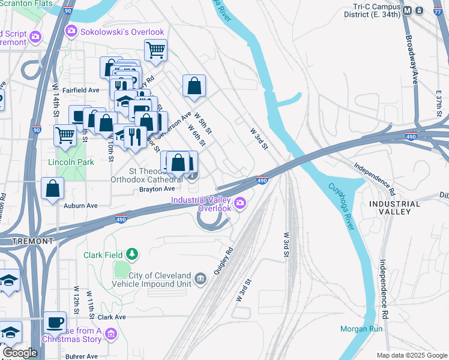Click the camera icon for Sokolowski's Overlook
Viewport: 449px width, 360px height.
coord(71,31)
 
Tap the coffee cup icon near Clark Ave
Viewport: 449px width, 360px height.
coord(55,322)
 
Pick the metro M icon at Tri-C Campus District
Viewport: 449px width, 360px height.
coord(408,11)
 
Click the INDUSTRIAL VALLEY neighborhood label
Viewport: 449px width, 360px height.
coord(394,208)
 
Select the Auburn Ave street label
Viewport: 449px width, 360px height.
coord(80,205)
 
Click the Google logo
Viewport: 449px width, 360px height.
coord(20,353)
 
